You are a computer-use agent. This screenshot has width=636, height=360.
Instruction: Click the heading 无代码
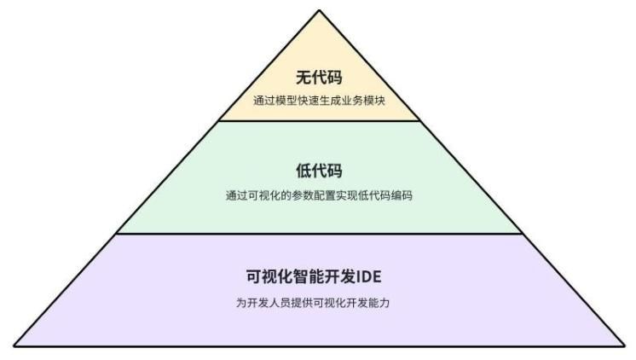click(319, 79)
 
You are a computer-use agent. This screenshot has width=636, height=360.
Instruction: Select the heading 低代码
click(319, 171)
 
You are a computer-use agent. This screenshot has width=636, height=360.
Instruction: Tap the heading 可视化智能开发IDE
click(319, 277)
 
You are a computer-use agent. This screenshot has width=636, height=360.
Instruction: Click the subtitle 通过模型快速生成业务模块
click(319, 101)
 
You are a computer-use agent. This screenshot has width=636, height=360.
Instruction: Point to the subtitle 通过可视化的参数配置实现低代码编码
click(319, 195)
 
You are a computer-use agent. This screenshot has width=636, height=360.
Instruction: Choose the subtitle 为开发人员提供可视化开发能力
click(319, 303)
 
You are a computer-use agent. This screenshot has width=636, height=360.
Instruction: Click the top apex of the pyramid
click(320, 10)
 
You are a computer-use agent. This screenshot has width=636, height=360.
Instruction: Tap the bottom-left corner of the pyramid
click(14, 345)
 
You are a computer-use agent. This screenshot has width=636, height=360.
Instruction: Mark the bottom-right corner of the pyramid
click(624, 345)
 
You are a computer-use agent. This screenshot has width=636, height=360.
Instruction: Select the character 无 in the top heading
click(303, 79)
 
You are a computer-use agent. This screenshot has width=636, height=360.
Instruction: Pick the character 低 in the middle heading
click(303, 171)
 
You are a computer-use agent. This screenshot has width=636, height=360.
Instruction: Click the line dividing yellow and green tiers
click(319, 120)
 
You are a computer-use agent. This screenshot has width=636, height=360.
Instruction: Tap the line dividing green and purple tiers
click(319, 234)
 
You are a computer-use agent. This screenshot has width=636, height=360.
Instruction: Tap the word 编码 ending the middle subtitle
click(402, 195)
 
